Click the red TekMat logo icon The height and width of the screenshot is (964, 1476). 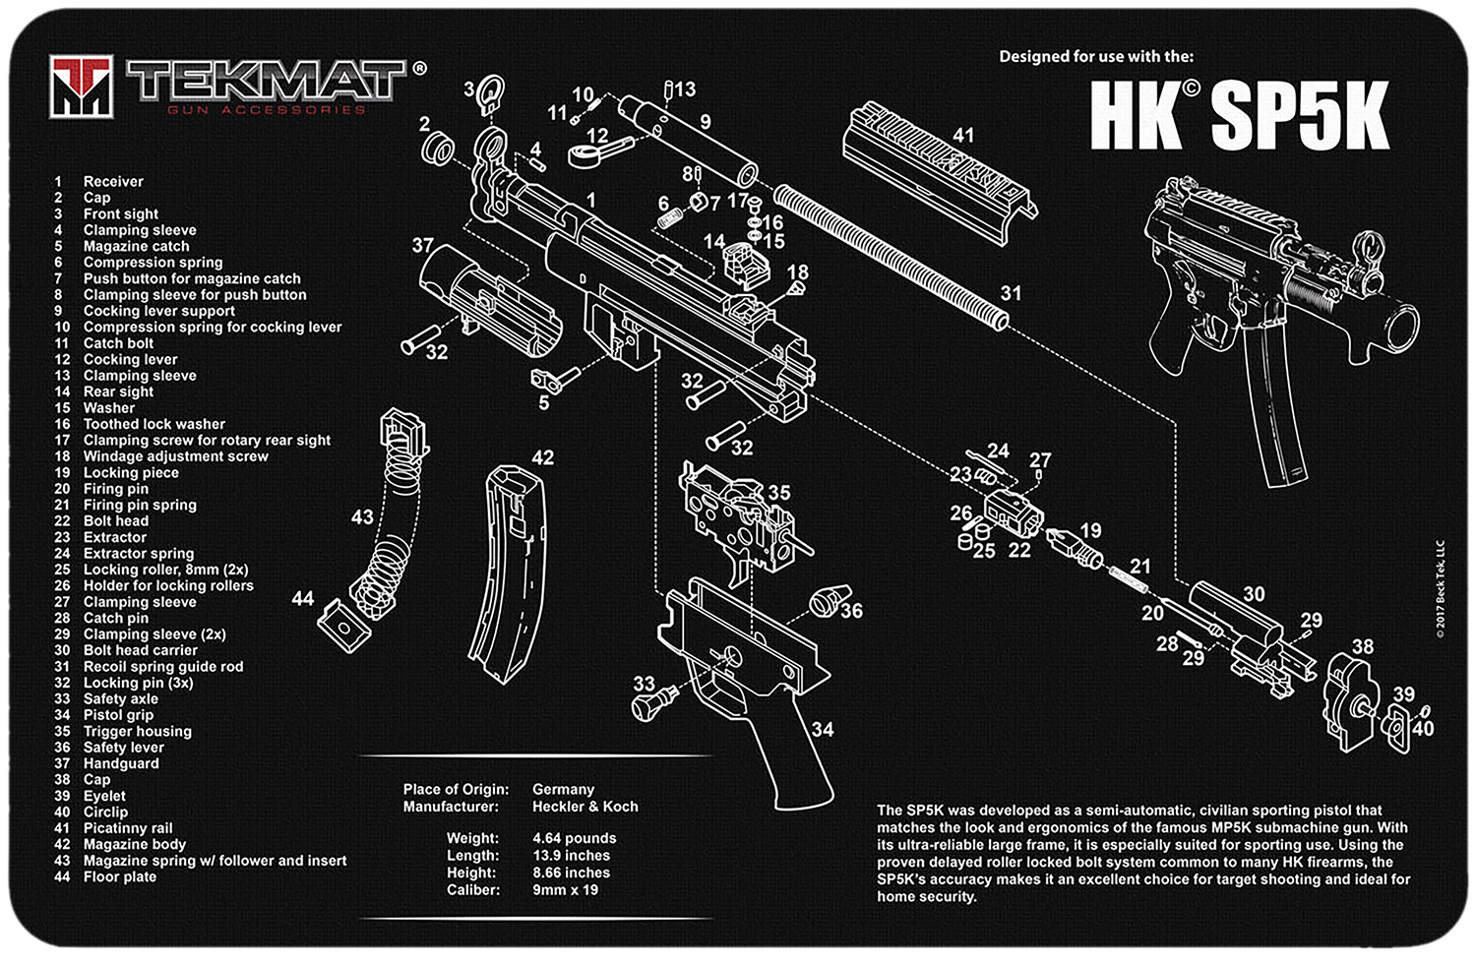pyautogui.click(x=83, y=87)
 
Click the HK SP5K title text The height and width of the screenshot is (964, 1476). pyautogui.click(x=1239, y=115)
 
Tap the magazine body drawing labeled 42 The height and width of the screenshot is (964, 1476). pyautogui.click(x=512, y=580)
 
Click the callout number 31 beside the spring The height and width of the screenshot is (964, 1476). pyautogui.click(x=1011, y=293)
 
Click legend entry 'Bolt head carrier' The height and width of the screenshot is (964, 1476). pyautogui.click(x=140, y=650)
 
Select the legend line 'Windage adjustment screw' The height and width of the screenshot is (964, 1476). pyautogui.click(x=175, y=456)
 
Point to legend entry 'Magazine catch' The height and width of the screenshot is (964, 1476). pyautogui.click(x=136, y=246)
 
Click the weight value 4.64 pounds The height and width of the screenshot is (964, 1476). pyautogui.click(x=574, y=838)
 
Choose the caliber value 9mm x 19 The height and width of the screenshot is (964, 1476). pyautogui.click(x=565, y=889)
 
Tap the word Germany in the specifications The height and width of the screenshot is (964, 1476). pyautogui.click(x=563, y=789)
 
